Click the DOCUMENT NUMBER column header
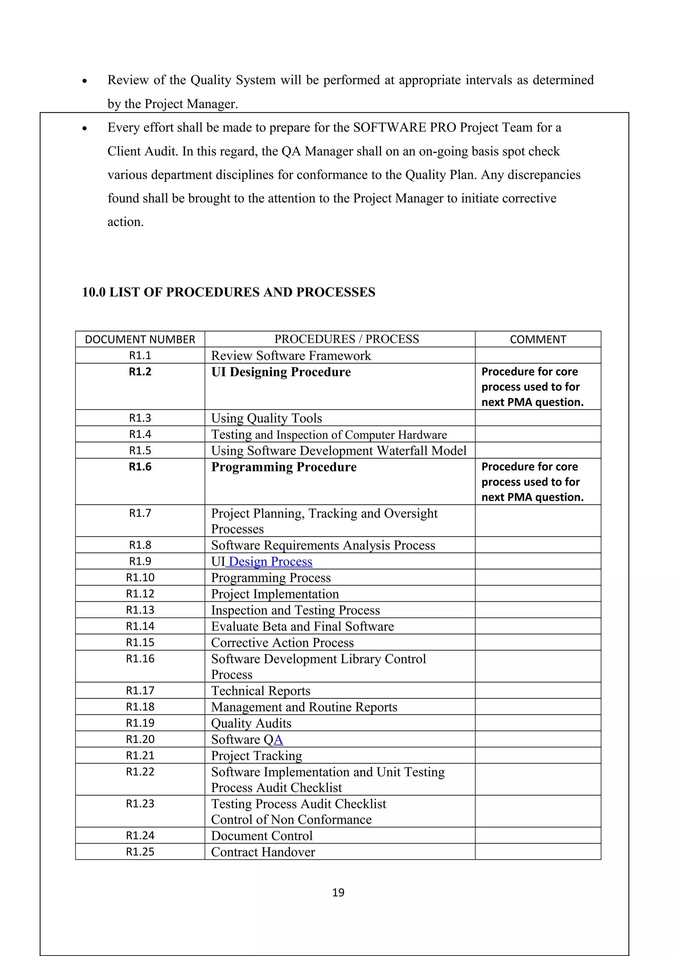140,339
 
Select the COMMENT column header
538,339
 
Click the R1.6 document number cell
140,467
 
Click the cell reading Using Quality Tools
267,418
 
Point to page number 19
338,892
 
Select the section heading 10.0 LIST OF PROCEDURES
228,292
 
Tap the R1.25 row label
140,852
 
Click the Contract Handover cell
263,852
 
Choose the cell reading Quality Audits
251,723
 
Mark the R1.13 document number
140,610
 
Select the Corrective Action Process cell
283,643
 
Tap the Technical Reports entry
261,691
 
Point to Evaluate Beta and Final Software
302,626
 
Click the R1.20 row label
140,740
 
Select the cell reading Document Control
261,836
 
